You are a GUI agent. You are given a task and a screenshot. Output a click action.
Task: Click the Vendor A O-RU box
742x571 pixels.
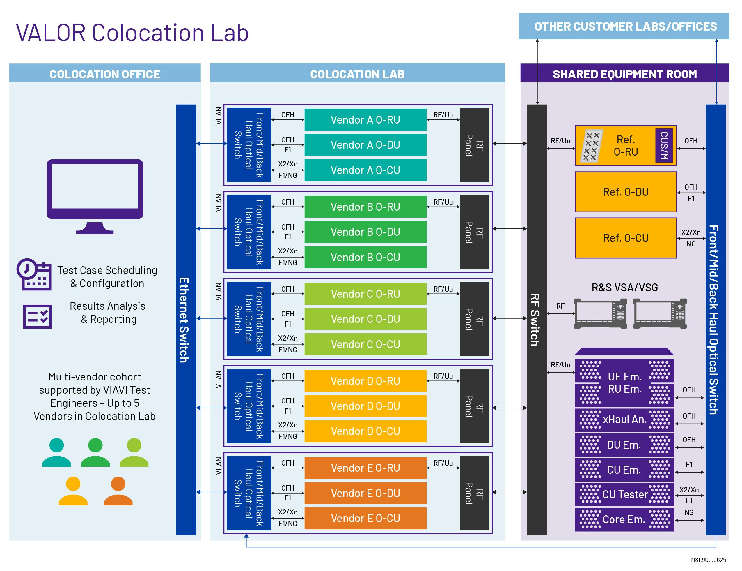[x=365, y=120]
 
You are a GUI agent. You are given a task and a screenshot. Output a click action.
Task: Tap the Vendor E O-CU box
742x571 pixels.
[x=365, y=518]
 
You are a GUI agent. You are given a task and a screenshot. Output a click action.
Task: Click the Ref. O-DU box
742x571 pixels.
[x=625, y=192]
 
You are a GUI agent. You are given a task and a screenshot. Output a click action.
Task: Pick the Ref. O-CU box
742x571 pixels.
[x=625, y=238]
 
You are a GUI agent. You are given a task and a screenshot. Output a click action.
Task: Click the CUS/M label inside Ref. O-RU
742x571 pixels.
[x=664, y=145]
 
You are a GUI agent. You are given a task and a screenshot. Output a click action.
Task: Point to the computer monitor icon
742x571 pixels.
[x=95, y=195]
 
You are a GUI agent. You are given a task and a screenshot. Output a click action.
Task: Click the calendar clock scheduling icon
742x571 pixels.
[x=34, y=275]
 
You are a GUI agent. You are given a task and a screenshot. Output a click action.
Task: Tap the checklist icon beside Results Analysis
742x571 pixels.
[x=37, y=316]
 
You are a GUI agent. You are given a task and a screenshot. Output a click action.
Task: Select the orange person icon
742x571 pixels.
[x=118, y=491]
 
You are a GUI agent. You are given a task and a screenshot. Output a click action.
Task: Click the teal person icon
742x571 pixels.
[x=56, y=452]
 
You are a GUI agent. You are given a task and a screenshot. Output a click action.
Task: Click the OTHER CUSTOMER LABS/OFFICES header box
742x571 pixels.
[x=624, y=26]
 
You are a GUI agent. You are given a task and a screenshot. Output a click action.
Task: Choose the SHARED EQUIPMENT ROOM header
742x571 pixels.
[x=624, y=74]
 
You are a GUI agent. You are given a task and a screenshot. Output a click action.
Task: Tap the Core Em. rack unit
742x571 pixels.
[x=624, y=519]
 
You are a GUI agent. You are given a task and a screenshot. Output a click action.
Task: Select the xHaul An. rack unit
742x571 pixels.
[x=624, y=420]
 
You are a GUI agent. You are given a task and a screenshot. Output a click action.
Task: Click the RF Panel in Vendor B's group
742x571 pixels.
[x=474, y=232]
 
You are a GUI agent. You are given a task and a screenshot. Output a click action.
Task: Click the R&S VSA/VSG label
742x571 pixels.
[x=624, y=288]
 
